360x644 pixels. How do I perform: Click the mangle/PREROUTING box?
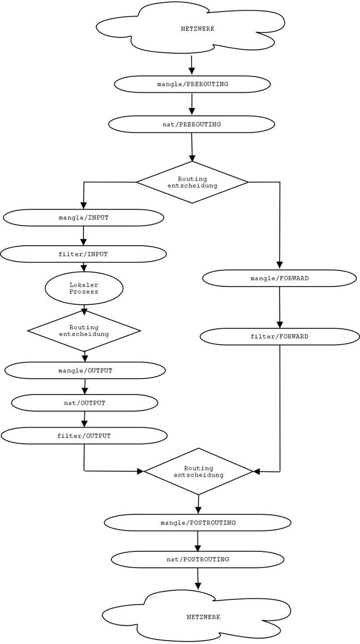click(192, 84)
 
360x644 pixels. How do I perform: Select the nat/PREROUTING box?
click(192, 124)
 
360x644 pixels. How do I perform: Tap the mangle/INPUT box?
click(84, 217)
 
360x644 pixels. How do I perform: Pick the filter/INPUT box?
click(84, 254)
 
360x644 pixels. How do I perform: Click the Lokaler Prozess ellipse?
click(84, 288)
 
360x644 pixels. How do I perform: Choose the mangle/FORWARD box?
click(279, 278)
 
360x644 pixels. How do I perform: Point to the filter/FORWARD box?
click(279, 336)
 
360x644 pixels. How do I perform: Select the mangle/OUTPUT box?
click(85, 370)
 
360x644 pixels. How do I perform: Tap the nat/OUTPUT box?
click(84, 403)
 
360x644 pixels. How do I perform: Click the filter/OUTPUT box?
click(84, 436)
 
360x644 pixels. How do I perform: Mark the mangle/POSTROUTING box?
click(198, 523)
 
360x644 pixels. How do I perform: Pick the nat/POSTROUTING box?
click(197, 559)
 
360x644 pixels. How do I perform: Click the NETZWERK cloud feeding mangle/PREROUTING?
click(192, 28)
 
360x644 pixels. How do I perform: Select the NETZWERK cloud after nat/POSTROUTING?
click(197, 616)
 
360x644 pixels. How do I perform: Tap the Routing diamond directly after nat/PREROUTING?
click(192, 182)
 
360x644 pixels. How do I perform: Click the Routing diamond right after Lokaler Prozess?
click(84, 331)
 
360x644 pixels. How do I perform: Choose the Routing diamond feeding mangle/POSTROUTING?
click(198, 471)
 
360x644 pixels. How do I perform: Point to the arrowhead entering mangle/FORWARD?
click(279, 265)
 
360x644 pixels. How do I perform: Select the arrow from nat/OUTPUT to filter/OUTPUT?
click(84, 419)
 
